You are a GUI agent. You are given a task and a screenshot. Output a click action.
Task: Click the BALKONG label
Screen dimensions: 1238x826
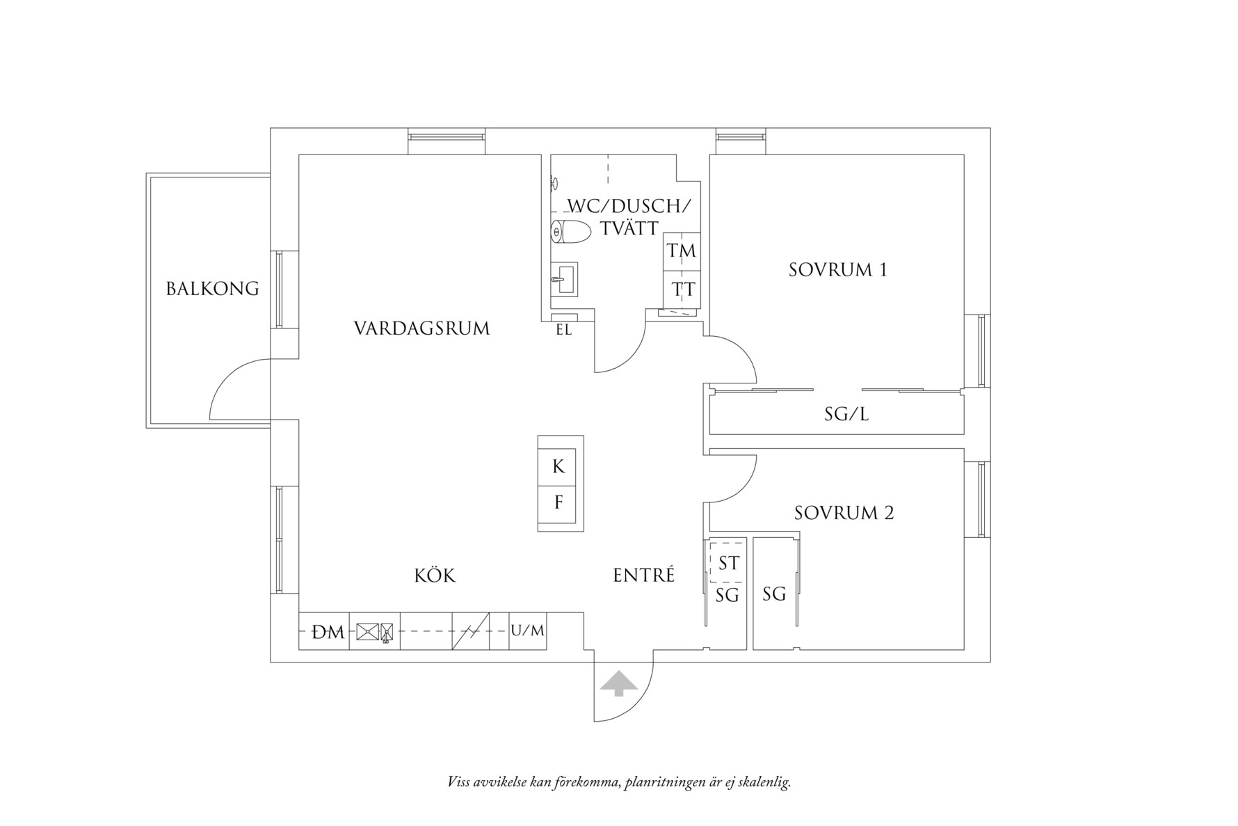pyautogui.click(x=213, y=288)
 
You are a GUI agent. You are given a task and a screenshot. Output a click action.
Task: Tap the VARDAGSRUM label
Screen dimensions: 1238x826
pyautogui.click(x=422, y=328)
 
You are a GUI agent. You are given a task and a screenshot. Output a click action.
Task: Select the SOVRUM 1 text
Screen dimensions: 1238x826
pyautogui.click(x=838, y=270)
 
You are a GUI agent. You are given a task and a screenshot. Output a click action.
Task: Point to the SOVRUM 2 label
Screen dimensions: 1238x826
pyautogui.click(x=844, y=514)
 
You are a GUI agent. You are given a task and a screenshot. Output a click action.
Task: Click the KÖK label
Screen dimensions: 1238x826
pyautogui.click(x=435, y=575)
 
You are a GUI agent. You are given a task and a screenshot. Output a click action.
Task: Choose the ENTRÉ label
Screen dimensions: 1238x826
pyautogui.click(x=644, y=575)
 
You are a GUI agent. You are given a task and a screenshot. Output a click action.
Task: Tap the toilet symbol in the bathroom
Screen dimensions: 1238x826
pyautogui.click(x=570, y=232)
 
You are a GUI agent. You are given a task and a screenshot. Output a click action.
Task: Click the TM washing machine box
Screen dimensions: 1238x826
pyautogui.click(x=682, y=251)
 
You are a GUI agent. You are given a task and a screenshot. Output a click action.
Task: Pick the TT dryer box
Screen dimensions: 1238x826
pyautogui.click(x=682, y=289)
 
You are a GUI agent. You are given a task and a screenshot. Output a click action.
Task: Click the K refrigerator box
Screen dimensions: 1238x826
pyautogui.click(x=560, y=466)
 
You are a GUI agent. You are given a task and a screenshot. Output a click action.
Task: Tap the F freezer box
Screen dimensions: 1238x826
pyautogui.click(x=560, y=502)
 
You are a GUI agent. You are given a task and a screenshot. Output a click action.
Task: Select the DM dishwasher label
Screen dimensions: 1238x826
pyautogui.click(x=328, y=633)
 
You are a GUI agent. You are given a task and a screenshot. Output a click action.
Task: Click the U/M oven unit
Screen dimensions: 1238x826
pyautogui.click(x=528, y=631)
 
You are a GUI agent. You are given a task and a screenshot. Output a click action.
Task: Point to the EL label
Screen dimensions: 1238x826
pyautogui.click(x=564, y=331)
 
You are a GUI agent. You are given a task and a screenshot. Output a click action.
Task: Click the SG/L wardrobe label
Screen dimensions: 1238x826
pyautogui.click(x=846, y=415)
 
